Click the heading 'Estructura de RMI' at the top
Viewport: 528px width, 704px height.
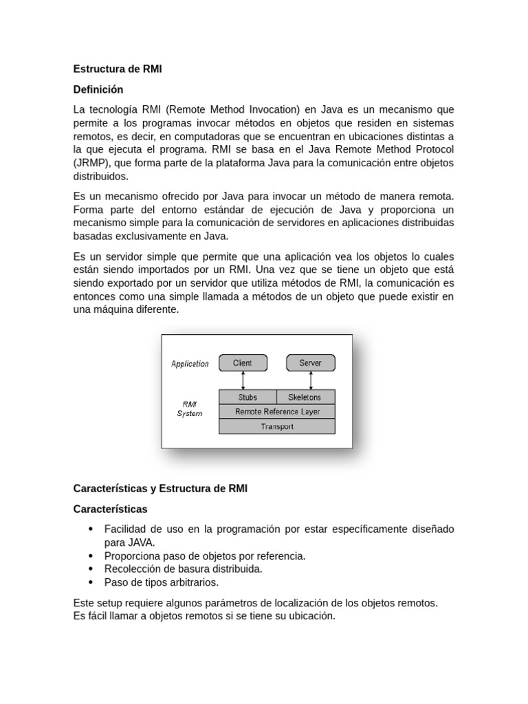tap(118, 69)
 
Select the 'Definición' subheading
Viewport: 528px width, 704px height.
tap(98, 89)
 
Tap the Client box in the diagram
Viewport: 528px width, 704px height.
tap(242, 363)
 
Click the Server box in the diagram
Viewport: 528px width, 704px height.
tap(310, 363)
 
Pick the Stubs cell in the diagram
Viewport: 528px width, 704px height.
tap(247, 397)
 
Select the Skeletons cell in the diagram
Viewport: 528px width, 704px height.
tap(305, 397)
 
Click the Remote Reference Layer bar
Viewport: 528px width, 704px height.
tap(276, 412)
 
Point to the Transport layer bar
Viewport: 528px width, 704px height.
tap(276, 427)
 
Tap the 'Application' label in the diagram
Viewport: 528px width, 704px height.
tap(190, 364)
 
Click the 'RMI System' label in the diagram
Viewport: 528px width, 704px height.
tap(190, 409)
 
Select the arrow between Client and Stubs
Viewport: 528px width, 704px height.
tap(243, 380)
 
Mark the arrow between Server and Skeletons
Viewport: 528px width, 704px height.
tap(311, 380)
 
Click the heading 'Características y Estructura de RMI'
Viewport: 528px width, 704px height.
tap(160, 489)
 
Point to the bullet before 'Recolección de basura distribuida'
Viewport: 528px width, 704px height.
tap(91, 569)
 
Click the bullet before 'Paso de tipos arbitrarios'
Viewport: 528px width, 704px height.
tap(91, 582)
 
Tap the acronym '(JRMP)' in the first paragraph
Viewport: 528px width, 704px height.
tap(91, 163)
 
